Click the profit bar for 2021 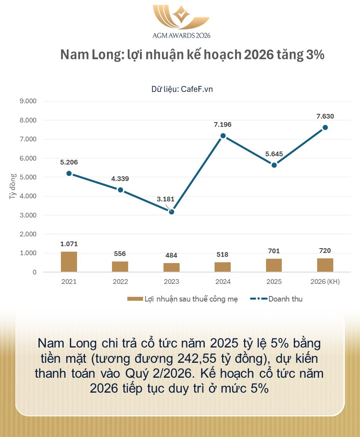[x=69, y=262]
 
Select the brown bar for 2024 [x=222, y=267]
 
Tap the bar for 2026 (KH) [x=325, y=265]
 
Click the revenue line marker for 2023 [x=171, y=212]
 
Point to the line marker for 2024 [x=223, y=135]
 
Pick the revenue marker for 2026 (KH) [x=325, y=127]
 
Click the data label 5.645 [x=274, y=154]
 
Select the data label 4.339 [x=120, y=179]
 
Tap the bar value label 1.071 [x=69, y=244]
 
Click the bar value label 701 [x=274, y=251]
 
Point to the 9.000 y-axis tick [x=28, y=101]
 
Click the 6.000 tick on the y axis [x=28, y=158]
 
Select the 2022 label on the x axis [x=120, y=282]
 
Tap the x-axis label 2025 [x=274, y=282]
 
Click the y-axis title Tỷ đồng [x=13, y=187]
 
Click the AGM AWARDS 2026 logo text [x=181, y=35]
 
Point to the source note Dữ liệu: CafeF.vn [x=182, y=89]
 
